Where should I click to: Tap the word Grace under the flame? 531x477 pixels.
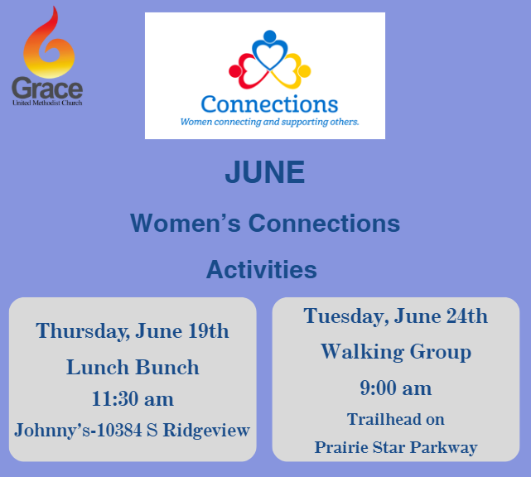(47, 88)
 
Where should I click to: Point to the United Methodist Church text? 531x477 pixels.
(47, 103)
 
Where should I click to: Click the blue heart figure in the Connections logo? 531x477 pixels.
(269, 51)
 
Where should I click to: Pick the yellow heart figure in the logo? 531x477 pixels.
(292, 71)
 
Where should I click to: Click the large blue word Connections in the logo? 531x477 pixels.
(269, 104)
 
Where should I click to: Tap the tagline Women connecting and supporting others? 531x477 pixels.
(269, 122)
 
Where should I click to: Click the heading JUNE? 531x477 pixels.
(265, 172)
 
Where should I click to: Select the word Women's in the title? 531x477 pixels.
(186, 223)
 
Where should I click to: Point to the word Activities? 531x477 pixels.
(262, 269)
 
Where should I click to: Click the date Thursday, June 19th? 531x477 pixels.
(133, 331)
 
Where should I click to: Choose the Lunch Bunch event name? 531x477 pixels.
(133, 368)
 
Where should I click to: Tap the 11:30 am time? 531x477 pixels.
(133, 399)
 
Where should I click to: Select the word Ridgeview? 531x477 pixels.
(206, 431)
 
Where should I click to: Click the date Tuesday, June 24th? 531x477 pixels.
(395, 316)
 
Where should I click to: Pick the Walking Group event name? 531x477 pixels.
(396, 352)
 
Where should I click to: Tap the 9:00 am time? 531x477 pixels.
(395, 388)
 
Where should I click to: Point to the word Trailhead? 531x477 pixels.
(383, 419)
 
